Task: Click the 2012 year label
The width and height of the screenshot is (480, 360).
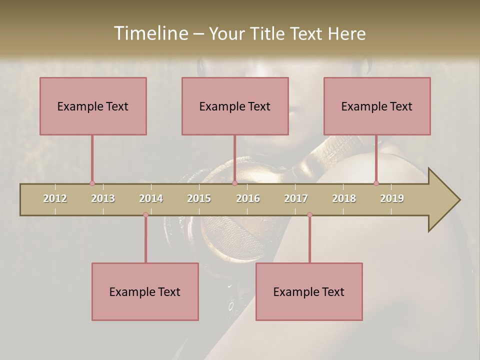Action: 55,198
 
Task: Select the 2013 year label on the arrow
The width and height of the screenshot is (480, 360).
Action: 103,198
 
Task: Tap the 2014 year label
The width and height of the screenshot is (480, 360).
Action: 151,198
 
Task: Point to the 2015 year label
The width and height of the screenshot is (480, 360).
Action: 199,198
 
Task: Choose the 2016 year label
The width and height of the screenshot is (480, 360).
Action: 248,198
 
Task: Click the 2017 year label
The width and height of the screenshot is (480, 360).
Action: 296,198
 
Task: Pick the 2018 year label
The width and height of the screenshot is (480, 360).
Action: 344,198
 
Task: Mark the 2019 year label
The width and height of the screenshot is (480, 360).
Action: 392,198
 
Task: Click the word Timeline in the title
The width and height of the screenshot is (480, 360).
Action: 149,33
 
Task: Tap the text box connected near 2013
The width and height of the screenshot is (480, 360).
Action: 93,106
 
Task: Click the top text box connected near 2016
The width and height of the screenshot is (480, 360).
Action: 235,106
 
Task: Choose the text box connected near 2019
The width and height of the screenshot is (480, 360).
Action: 377,106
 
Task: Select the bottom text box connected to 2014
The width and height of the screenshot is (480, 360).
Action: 145,291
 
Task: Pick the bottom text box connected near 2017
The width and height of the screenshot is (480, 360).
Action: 309,291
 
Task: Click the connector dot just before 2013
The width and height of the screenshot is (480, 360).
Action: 92,183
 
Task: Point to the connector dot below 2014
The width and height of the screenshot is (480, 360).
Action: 145,215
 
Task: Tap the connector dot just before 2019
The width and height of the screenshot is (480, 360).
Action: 376,183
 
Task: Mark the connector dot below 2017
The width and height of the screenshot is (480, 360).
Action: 309,215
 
